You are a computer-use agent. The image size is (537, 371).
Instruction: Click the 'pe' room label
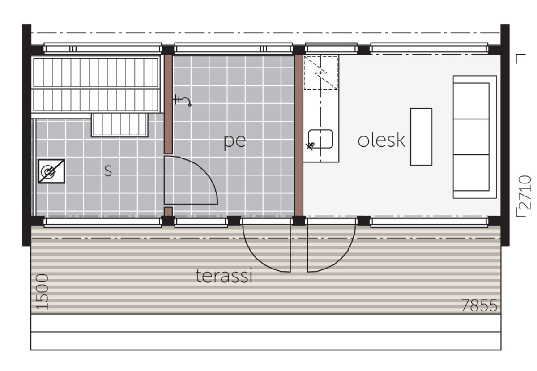234,142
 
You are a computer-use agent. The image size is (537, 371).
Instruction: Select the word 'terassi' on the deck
224,276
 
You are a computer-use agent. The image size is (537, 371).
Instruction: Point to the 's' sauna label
108,171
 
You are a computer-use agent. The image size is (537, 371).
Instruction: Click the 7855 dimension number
479,305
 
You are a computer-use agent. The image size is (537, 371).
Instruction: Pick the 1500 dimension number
42,292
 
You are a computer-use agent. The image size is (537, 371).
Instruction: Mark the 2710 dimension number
524,192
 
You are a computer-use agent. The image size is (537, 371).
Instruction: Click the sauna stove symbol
51,171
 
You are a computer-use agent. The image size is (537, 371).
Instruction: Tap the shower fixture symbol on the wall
182,100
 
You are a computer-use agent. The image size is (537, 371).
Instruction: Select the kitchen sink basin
320,139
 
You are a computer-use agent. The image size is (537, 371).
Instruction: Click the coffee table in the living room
421,136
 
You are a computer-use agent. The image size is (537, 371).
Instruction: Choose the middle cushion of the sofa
471,136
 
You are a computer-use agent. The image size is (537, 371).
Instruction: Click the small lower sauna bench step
119,125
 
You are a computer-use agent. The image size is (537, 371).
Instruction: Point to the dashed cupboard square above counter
321,72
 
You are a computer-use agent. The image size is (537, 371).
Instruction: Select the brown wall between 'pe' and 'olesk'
299,136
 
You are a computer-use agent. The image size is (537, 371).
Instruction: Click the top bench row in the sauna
96,72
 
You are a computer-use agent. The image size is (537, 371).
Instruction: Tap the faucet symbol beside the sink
310,146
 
